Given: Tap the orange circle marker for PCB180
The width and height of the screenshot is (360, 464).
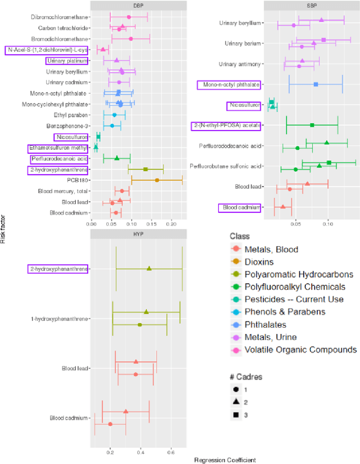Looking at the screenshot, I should click(x=157, y=180).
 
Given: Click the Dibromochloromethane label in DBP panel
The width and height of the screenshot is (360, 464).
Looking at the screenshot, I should click(x=60, y=17).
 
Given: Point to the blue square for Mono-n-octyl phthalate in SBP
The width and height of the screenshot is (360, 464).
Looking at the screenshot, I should click(x=316, y=84).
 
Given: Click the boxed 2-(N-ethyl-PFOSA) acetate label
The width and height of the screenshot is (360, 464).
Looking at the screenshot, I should click(x=226, y=126).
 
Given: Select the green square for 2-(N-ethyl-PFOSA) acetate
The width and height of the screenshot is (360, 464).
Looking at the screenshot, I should click(x=312, y=125).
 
